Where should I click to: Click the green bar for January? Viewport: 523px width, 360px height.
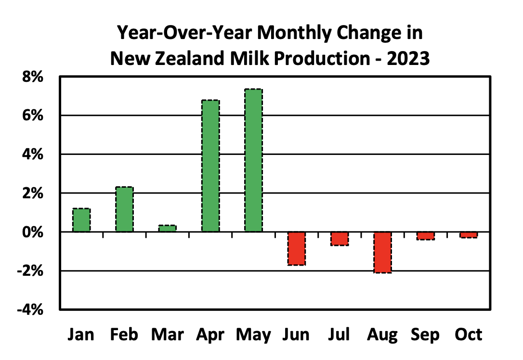(81, 220)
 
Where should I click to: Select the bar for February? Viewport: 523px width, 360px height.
(124, 209)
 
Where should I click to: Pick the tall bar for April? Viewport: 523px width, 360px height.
(210, 166)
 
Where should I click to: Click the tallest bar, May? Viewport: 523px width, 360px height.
(253, 160)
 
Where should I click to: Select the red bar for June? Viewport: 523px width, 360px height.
(296, 248)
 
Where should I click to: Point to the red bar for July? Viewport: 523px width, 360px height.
(340, 239)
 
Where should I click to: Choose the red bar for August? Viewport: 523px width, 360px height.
(382, 252)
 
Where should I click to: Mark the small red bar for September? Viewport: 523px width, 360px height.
(426, 236)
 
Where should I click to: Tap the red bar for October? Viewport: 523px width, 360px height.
(469, 235)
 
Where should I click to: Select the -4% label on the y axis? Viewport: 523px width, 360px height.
(30, 309)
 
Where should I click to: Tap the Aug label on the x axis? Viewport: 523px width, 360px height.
(383, 334)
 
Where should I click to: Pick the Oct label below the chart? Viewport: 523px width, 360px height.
(468, 334)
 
